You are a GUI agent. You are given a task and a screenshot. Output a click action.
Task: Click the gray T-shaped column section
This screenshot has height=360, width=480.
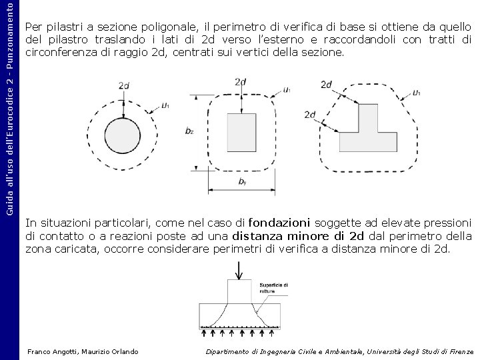367,130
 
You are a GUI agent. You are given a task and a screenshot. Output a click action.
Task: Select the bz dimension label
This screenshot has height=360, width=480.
190,131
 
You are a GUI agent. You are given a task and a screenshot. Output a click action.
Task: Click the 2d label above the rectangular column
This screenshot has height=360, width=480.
241,81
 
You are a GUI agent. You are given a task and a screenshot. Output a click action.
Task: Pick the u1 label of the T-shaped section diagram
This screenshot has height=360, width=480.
416,93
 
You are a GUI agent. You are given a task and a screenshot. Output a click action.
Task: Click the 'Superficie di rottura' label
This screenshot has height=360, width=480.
273,288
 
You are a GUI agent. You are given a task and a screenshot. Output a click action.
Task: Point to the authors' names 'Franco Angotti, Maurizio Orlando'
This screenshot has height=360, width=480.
83,351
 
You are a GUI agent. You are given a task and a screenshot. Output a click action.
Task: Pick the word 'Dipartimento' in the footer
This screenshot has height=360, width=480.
228,351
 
